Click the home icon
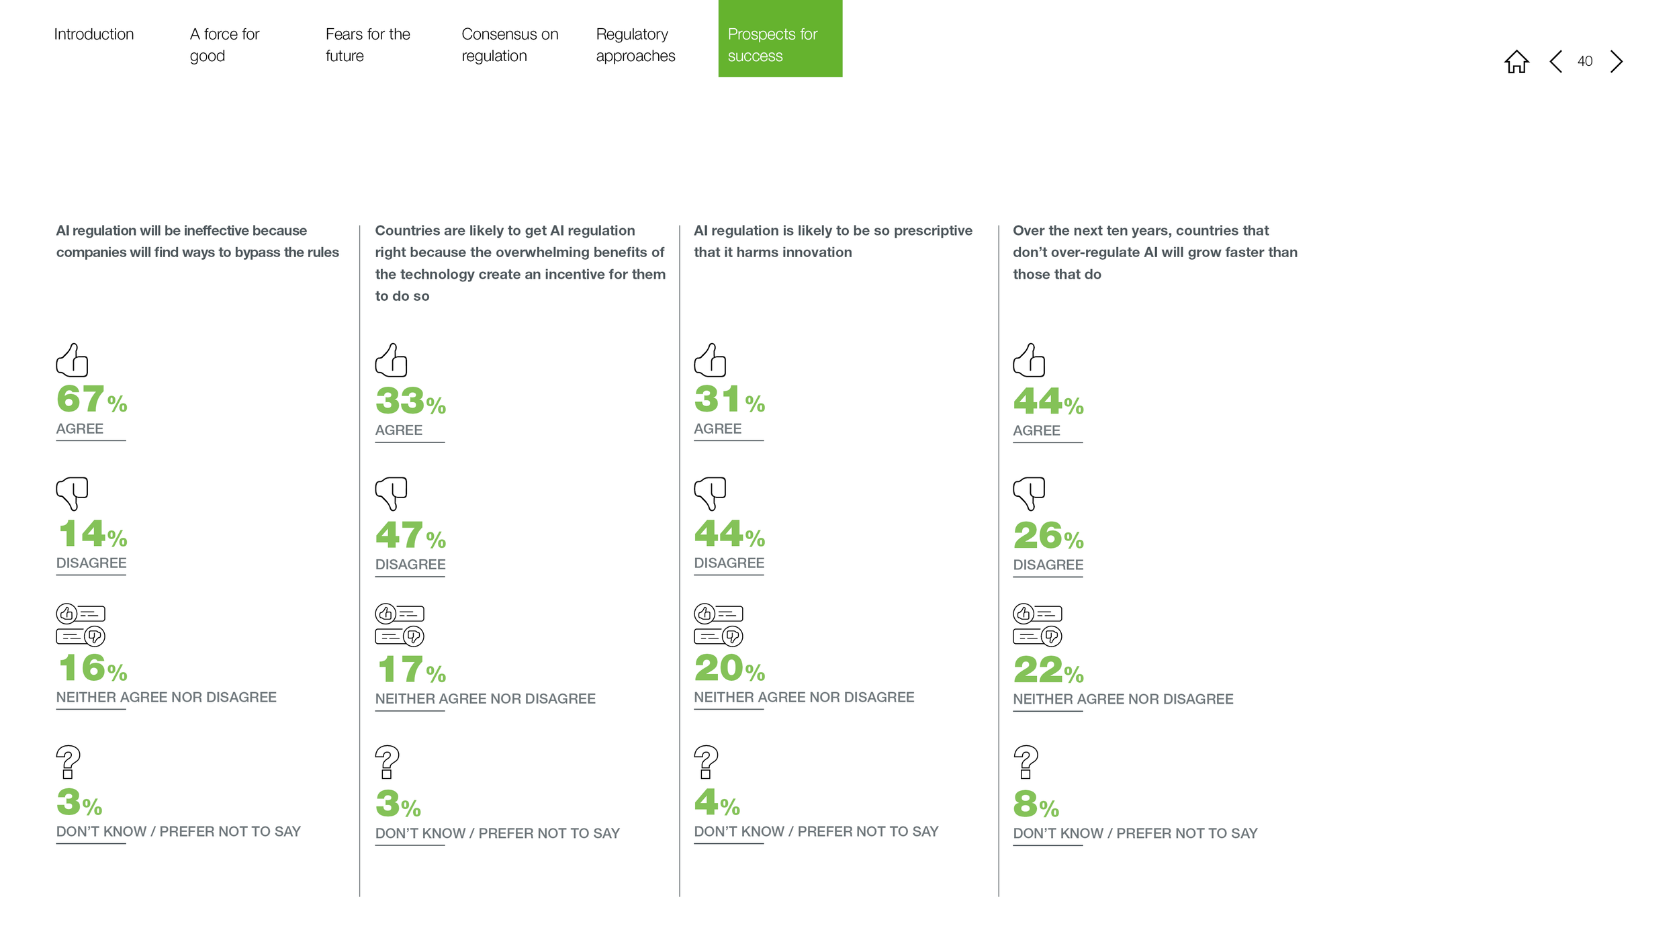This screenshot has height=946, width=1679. pos(1516,61)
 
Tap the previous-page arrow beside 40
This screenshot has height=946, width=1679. pos(1555,61)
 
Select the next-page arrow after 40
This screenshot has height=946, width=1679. pos(1617,61)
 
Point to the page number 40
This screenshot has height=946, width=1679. pos(1584,61)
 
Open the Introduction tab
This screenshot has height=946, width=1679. pos(94,34)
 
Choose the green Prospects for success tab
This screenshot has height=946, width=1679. pos(780,38)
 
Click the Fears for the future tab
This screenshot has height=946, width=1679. pos(367,45)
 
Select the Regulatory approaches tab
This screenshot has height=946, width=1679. pos(635,45)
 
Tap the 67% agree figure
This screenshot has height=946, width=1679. pos(92,399)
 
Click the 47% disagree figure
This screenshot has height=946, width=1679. pos(410,536)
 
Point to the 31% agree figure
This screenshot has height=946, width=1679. pos(729,399)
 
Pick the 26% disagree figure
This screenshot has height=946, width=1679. pos(1048,536)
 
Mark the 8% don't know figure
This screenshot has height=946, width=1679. pos(1036,804)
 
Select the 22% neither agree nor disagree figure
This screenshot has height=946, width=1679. pos(1048,670)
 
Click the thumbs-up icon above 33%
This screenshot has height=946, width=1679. pos(391,360)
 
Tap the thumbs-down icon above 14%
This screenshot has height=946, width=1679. pos(72,494)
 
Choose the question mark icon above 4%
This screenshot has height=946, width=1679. pos(706,762)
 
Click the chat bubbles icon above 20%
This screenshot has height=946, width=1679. pos(719,625)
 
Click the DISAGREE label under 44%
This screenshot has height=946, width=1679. pos(729,563)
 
